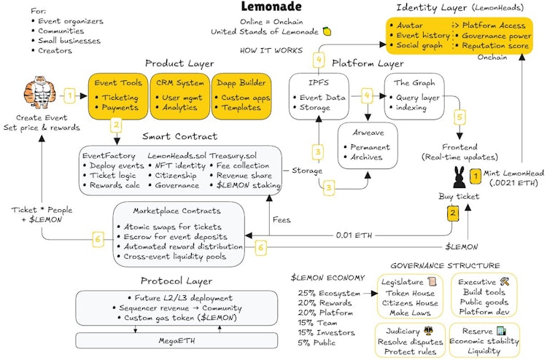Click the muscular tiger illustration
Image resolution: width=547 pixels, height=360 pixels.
pos(40,93)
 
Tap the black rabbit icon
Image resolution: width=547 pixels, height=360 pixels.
pos(459,177)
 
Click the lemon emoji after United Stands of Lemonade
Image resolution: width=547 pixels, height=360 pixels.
pos(327,31)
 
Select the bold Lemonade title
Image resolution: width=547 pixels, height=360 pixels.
pos(271,7)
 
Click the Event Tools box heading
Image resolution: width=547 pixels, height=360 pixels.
pos(118,83)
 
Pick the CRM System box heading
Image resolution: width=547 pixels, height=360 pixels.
pos(180,83)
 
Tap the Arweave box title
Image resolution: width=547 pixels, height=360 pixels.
pos(368,133)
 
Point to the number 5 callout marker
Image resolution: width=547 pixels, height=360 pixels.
pos(459,117)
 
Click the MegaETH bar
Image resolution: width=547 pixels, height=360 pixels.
pos(176,340)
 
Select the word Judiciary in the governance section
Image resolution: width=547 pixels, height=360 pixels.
pos(403,331)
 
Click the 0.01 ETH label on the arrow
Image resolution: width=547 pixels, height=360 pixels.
pos(354,235)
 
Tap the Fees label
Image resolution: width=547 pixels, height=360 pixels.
pos(282,219)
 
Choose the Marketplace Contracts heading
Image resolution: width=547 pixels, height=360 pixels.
pos(177,211)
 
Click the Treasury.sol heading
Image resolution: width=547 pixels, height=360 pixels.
pos(233,156)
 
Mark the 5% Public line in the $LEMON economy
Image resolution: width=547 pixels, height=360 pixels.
pos(317,343)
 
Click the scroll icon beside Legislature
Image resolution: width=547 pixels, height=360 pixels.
pos(432,281)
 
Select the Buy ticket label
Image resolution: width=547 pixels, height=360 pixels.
pos(459,196)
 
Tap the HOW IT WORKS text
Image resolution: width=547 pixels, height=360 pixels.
pos(271,50)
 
